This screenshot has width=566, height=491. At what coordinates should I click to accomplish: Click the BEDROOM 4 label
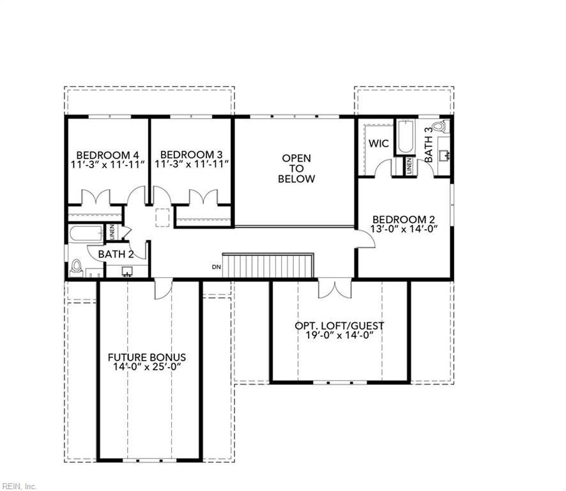point(107,155)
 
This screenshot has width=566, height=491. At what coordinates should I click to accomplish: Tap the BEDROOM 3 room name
point(191,155)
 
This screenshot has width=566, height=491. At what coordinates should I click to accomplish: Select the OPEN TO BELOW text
point(296,168)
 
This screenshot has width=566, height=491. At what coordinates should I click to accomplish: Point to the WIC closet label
point(378,143)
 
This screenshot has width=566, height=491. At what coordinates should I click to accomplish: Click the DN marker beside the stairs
point(216,267)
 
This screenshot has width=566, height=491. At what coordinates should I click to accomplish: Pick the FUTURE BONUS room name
point(146,357)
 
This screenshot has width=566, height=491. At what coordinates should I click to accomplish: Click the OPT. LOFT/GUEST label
point(339,325)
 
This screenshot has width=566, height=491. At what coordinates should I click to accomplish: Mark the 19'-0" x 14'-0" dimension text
point(339,335)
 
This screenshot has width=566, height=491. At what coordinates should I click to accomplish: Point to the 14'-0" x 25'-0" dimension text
point(146,367)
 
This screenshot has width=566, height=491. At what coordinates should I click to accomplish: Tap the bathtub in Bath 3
point(406,137)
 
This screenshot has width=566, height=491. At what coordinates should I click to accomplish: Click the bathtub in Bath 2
point(86,233)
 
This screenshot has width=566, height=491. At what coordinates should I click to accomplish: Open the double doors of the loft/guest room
point(335,288)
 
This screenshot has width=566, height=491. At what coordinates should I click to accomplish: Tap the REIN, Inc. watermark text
point(19,486)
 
